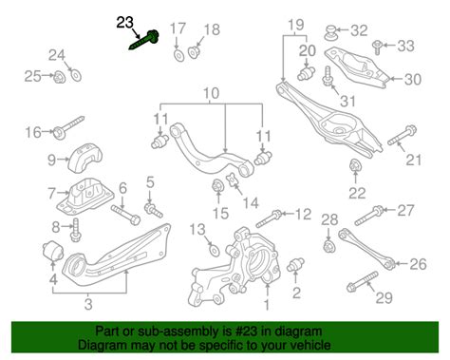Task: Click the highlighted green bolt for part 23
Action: click(x=143, y=40)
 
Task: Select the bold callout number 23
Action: click(x=124, y=23)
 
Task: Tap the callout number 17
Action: click(x=178, y=28)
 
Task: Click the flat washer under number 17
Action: click(x=178, y=55)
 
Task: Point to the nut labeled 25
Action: click(x=59, y=78)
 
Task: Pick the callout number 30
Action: click(x=413, y=79)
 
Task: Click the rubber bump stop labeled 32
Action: click(x=331, y=32)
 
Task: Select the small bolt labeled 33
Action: click(x=377, y=47)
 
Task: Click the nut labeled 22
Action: click(x=355, y=166)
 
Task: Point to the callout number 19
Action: click(x=296, y=25)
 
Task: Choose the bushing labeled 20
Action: click(x=306, y=73)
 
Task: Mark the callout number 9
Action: click(x=51, y=160)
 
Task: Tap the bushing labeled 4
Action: click(x=53, y=250)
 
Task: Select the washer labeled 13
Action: click(x=215, y=250)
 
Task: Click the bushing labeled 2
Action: click(x=295, y=264)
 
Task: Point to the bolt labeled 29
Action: click(x=362, y=281)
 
